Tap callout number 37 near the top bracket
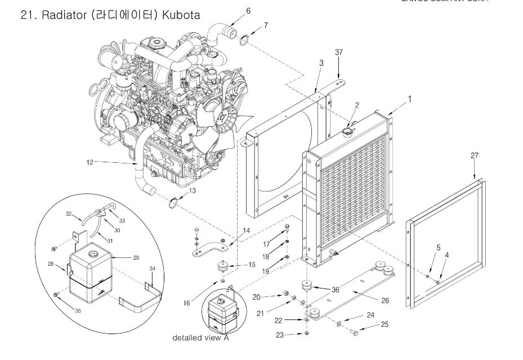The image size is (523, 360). click(x=338, y=52)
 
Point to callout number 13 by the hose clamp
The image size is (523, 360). click(x=193, y=191)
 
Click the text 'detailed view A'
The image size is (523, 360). click(x=201, y=338)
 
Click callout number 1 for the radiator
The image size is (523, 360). click(x=409, y=99)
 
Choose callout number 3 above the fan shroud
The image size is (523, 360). click(x=321, y=63)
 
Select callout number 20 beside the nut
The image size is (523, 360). click(x=256, y=296)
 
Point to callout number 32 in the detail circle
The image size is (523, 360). click(x=69, y=214)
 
